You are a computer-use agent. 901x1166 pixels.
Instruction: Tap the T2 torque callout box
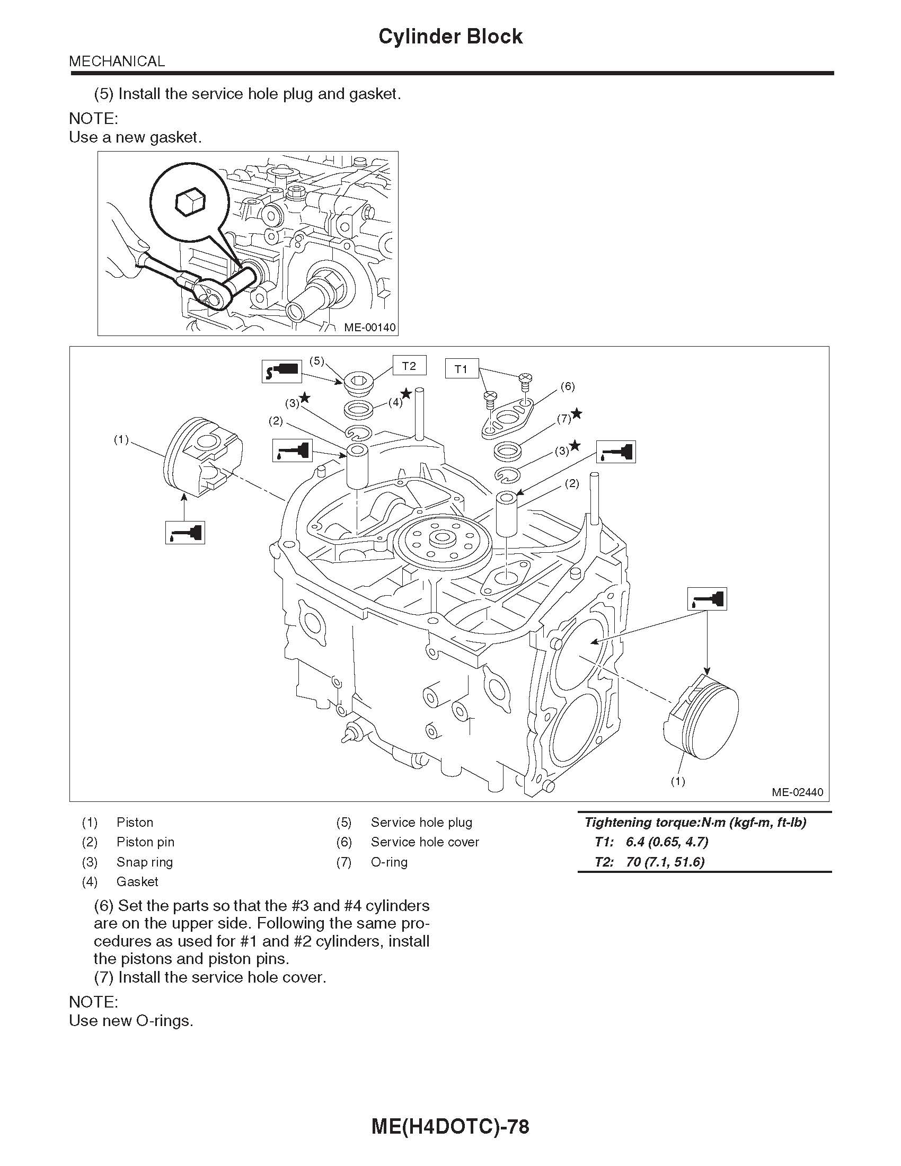pos(408,366)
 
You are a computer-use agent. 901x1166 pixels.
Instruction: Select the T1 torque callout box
pos(461,369)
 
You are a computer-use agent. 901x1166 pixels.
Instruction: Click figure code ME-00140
pos(369,327)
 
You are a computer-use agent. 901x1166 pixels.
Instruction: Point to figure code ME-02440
pos(797,792)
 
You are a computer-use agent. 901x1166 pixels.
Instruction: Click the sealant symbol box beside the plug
pos(281,370)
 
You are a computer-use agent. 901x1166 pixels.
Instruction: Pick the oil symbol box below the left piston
pos(184,533)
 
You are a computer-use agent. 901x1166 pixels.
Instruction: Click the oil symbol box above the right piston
pos(706,598)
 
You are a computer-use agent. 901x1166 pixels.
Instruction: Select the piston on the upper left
pos(202,457)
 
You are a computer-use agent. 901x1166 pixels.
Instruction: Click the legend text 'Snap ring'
pos(145,862)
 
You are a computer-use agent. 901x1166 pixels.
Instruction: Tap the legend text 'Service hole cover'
pos(425,842)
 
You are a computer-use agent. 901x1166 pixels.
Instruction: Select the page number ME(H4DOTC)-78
pos(450,1126)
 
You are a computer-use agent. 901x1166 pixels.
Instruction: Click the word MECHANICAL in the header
pos(117,61)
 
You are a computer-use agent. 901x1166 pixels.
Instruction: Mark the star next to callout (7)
pos(577,414)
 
